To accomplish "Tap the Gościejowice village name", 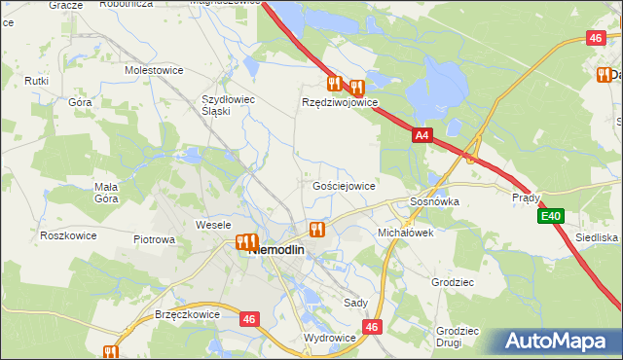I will [x=344, y=185].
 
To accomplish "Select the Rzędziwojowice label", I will [x=339, y=102].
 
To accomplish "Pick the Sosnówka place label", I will [x=433, y=201].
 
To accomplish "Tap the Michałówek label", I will [x=405, y=234].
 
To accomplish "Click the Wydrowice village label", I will [x=329, y=338].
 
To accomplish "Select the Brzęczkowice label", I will [x=188, y=315].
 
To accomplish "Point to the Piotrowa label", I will [x=154, y=239].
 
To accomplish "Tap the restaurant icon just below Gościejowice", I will [x=316, y=230].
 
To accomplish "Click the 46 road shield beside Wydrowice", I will [x=372, y=327].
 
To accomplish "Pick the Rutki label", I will [x=37, y=81].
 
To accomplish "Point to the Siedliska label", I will [x=597, y=237].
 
